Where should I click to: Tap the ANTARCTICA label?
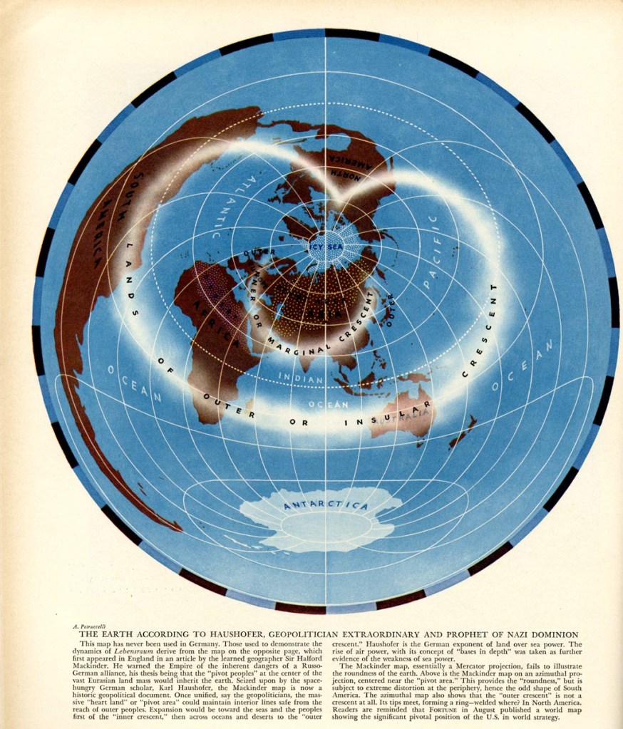pos(326,505)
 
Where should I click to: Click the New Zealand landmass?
pos(462,432)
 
